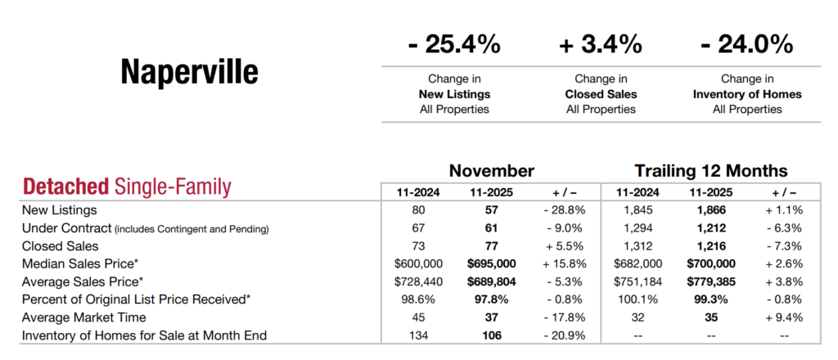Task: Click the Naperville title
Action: (x=189, y=72)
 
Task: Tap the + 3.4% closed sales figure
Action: (x=601, y=43)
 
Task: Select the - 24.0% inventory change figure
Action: (x=747, y=43)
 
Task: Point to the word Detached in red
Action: (x=65, y=187)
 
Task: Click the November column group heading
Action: (x=491, y=171)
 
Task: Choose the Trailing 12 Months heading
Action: (x=711, y=171)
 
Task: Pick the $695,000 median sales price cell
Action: (x=492, y=263)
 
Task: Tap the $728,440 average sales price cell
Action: (x=417, y=281)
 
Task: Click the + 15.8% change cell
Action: (x=565, y=263)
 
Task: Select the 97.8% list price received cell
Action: (x=492, y=299)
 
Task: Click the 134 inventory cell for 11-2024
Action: (x=417, y=335)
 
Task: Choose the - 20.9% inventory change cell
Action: (x=565, y=335)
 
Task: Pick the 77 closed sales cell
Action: (x=492, y=245)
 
